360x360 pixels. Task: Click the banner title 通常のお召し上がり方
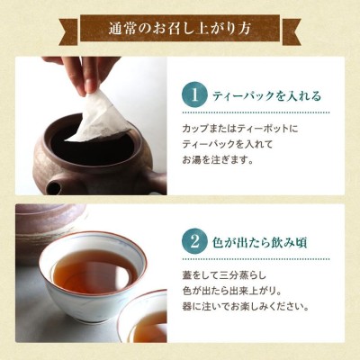180,30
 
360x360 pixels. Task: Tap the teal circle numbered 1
195,95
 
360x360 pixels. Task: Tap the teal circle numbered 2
195,241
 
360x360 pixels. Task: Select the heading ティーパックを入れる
266,96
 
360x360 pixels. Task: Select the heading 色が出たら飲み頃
259,242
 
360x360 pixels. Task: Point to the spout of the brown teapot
53,186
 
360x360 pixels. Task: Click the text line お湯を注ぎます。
217,160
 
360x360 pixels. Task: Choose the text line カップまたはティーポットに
240,129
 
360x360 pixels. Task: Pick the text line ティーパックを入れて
228,144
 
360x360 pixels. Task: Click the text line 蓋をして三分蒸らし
224,275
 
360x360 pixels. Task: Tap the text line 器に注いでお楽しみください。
247,307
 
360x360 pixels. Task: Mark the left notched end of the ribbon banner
68,32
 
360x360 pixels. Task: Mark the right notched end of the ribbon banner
292,32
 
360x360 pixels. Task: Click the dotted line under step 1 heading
256,113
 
